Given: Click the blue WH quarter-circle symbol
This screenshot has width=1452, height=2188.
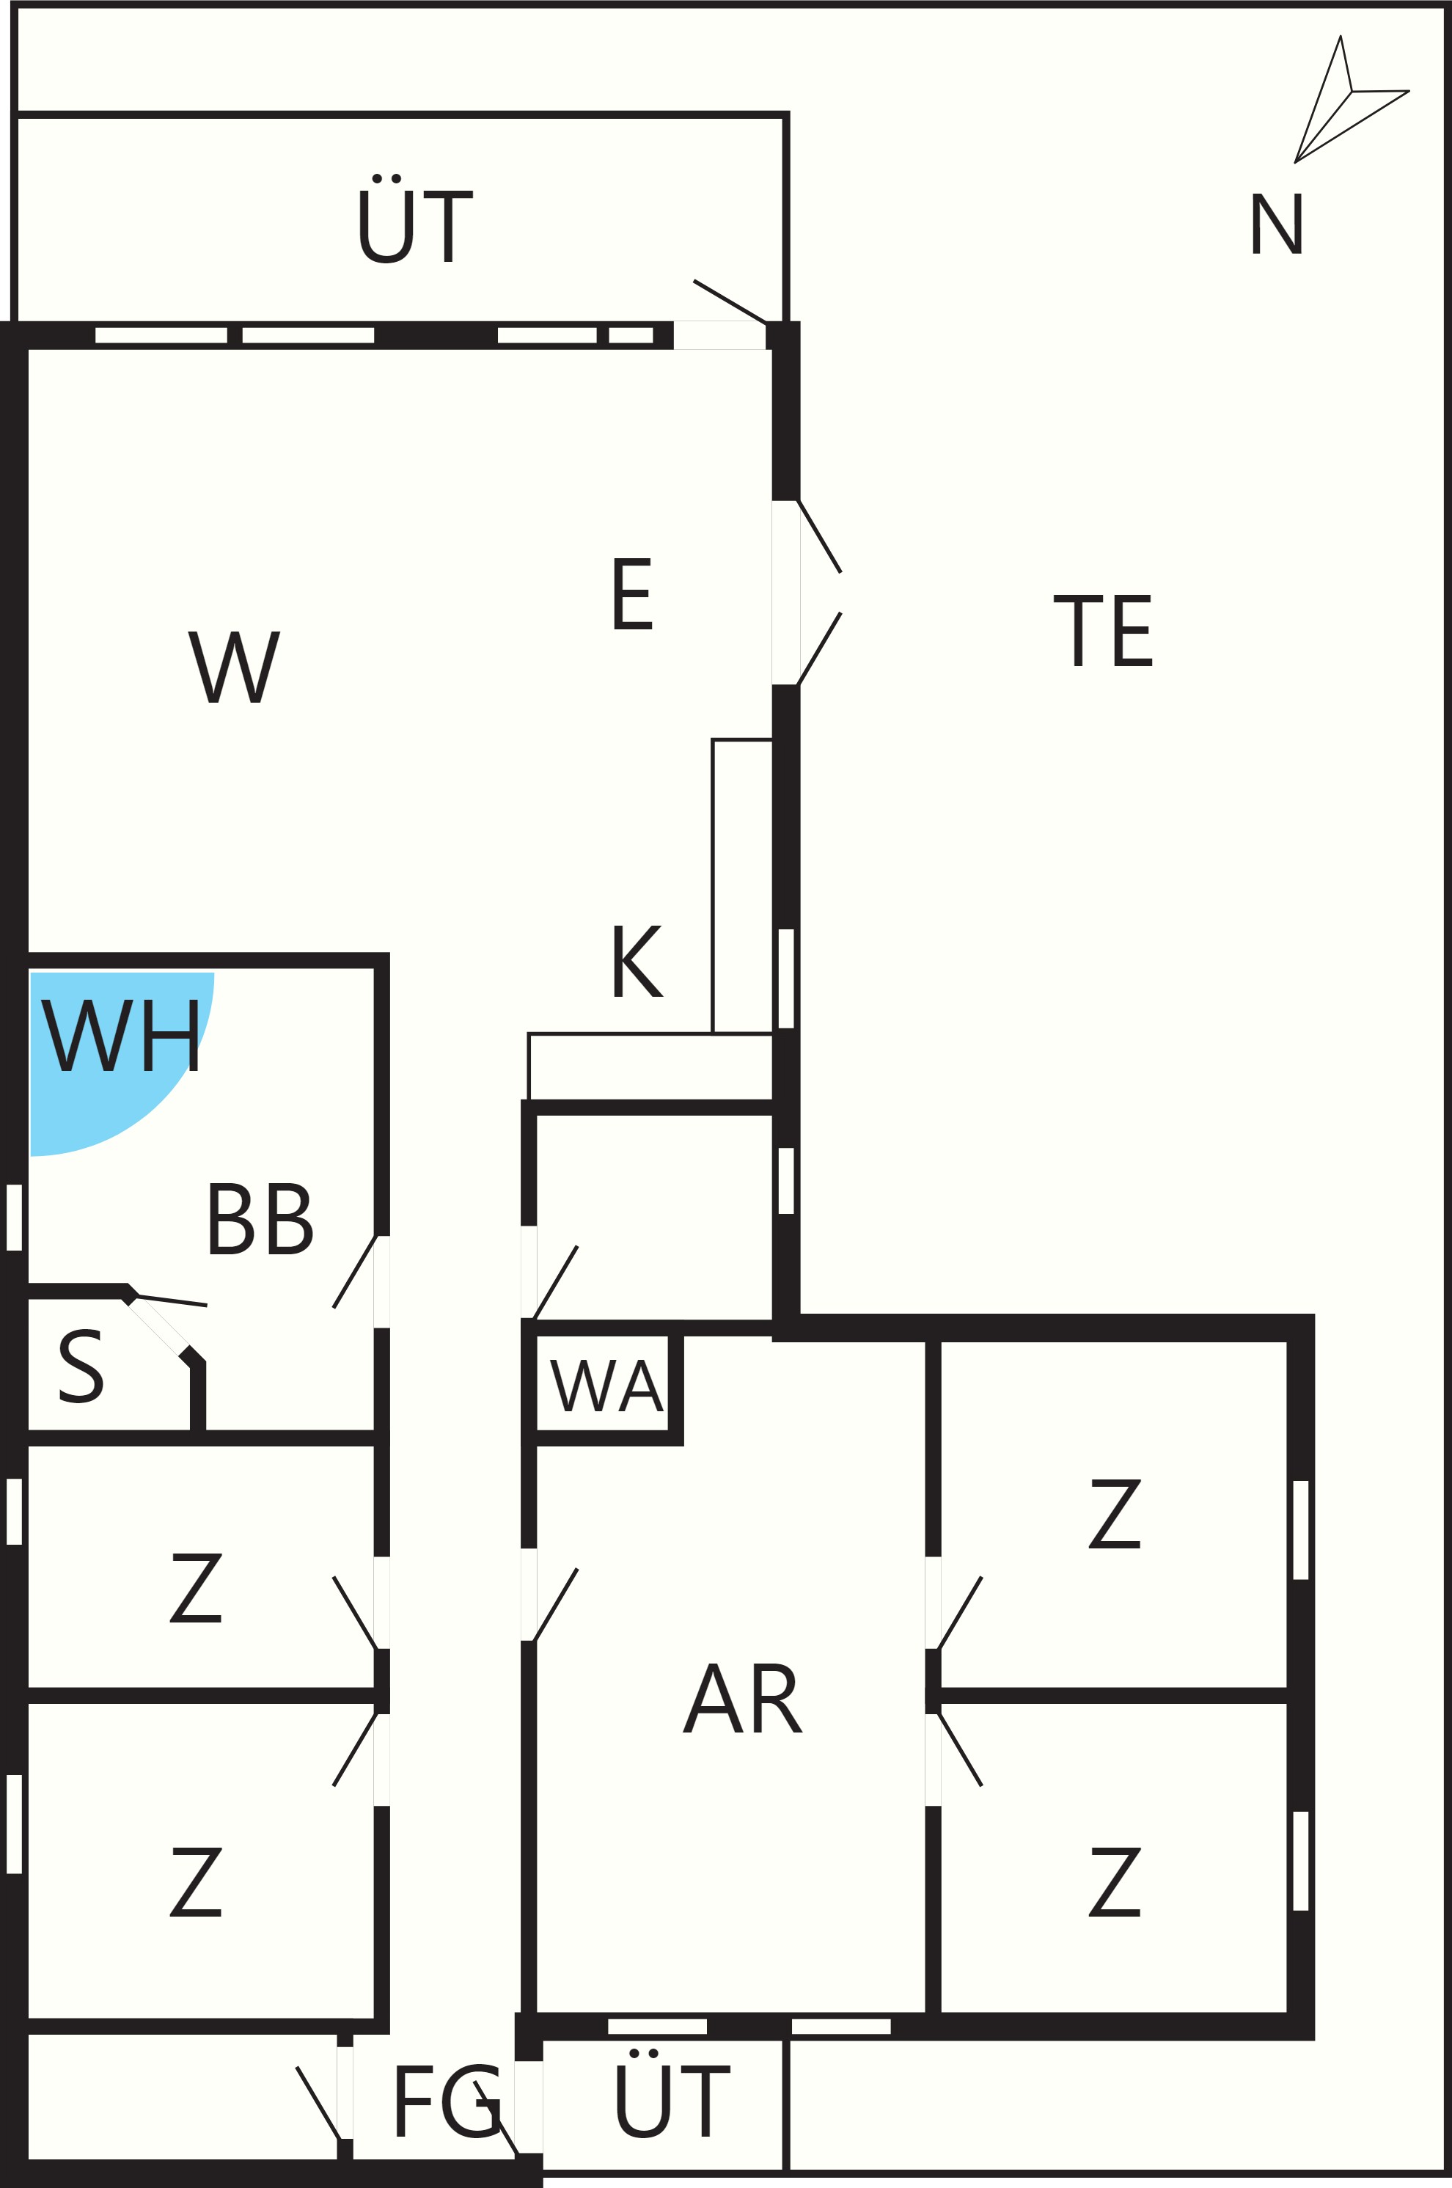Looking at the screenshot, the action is tap(102, 1046).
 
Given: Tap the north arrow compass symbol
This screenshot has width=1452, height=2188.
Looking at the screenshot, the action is tap(1351, 100).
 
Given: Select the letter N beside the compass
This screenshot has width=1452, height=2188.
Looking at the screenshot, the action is tap(1277, 223).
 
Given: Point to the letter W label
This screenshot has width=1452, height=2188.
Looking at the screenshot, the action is tap(234, 667).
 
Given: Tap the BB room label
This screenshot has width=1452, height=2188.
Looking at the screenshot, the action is tap(261, 1218).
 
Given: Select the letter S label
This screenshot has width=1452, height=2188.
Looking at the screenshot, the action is tap(81, 1366).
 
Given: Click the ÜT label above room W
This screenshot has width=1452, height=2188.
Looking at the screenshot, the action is tap(416, 219).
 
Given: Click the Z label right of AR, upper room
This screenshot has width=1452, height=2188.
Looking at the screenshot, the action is tap(1115, 1514).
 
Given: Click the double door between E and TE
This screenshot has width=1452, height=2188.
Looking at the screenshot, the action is tap(807, 593).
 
